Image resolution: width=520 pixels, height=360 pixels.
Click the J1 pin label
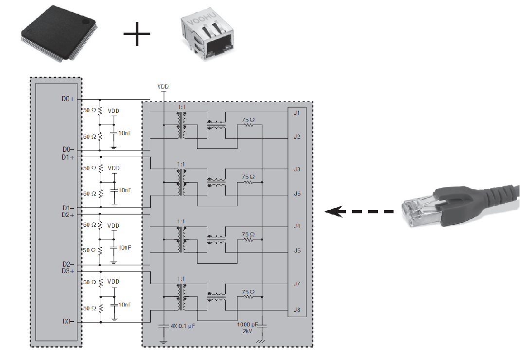[297, 113]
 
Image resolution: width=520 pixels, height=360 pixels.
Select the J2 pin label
[297, 137]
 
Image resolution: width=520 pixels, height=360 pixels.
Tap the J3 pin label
[297, 169]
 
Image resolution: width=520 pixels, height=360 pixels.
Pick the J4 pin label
[297, 226]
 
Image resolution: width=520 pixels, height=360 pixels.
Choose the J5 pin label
[297, 251]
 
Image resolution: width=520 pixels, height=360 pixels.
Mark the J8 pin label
[297, 310]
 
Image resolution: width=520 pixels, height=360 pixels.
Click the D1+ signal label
[69, 158]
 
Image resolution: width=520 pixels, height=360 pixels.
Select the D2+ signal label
[69, 214]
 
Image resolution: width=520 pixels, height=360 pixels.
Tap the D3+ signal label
[69, 271]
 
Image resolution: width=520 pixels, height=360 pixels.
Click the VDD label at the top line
[163, 87]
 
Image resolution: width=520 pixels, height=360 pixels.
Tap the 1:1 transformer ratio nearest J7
[181, 279]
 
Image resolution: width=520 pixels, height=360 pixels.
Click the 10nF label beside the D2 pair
[125, 248]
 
